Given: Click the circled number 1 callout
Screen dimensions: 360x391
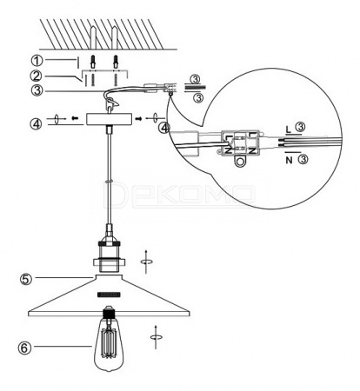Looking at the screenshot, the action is coord(37,61).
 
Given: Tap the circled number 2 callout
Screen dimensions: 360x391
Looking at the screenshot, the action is coord(37,76).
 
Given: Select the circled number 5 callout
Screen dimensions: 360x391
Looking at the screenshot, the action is coord(25,279).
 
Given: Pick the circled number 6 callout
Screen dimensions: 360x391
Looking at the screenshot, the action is coord(25,348).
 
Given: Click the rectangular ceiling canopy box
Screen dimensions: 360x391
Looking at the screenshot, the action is coord(109,119).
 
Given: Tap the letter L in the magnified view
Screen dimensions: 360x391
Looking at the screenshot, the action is coord(288,129).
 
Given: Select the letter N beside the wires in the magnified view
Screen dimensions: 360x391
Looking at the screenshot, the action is coord(289,160).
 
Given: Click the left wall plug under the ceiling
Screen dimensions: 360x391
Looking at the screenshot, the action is coord(93,62).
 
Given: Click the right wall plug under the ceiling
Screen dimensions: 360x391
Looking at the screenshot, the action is coord(116,62).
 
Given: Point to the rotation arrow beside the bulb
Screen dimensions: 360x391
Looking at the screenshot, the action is coord(156,337).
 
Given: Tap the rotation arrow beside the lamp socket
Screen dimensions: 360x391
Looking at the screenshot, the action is coord(146,262).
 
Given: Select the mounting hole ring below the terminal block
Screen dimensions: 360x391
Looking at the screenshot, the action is coord(239,162).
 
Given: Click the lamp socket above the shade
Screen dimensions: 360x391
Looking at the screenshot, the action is coord(109,255).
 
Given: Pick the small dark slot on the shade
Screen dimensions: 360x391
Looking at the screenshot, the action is coord(109,295).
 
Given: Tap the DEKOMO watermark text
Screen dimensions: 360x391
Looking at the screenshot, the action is coord(180,195).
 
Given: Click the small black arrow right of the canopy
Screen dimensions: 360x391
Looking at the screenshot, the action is coord(139,118).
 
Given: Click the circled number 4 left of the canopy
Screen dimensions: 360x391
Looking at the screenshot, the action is coord(36,124).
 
